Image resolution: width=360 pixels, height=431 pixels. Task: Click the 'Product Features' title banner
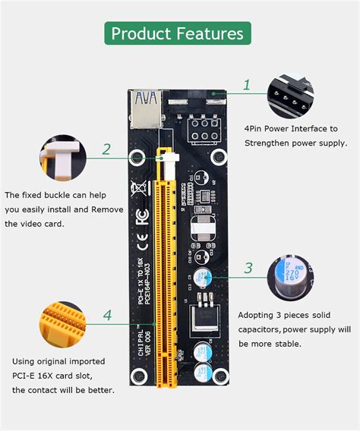click(x=177, y=33)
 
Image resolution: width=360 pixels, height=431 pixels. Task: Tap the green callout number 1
click(x=247, y=85)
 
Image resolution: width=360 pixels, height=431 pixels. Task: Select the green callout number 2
click(x=106, y=149)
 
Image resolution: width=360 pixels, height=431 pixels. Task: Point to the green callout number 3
click(x=248, y=267)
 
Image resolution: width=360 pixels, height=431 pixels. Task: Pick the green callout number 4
click(x=107, y=314)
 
